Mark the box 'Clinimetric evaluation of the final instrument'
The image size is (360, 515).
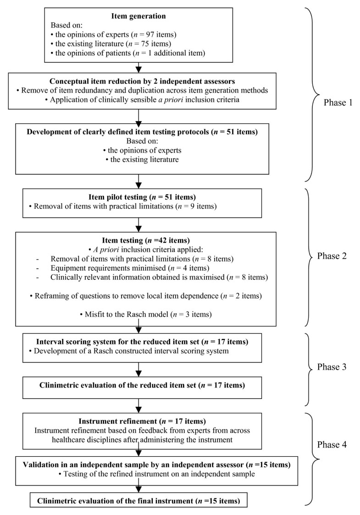138,500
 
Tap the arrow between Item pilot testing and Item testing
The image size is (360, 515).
138,225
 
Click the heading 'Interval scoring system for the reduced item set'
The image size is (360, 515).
138,341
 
